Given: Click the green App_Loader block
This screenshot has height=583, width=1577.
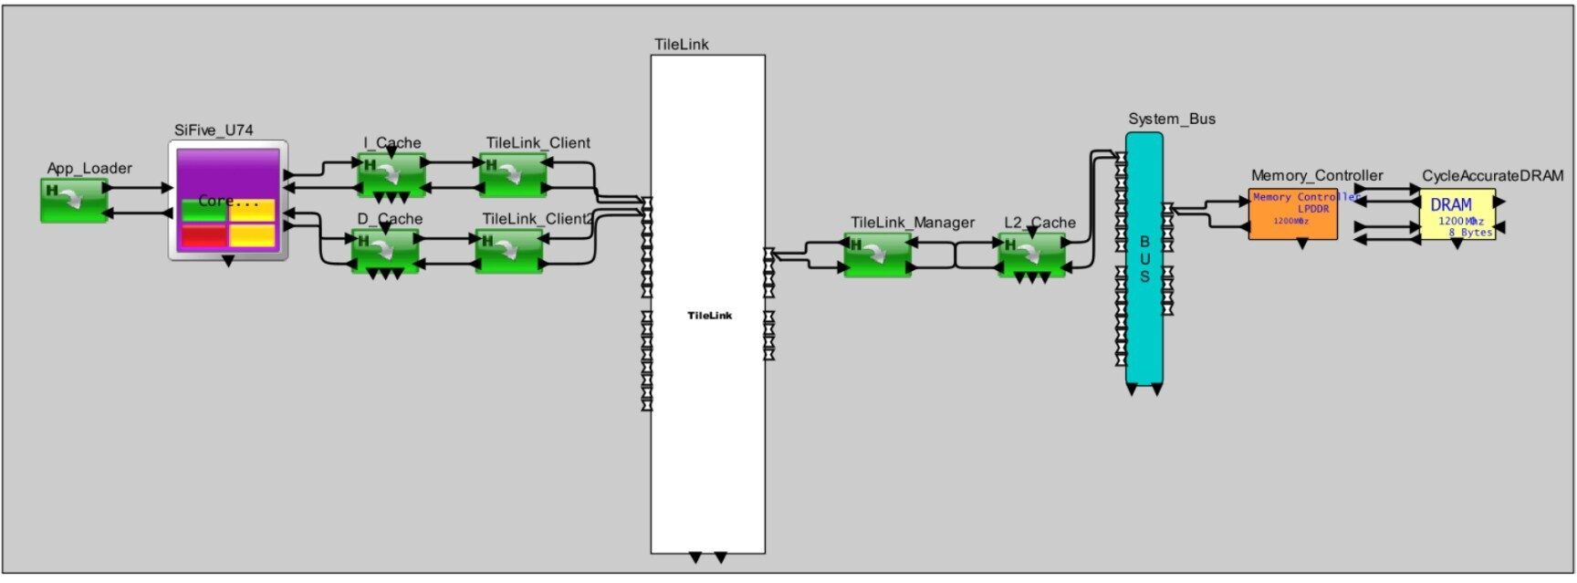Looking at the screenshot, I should [73, 201].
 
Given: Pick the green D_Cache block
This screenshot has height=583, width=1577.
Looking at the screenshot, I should [386, 249].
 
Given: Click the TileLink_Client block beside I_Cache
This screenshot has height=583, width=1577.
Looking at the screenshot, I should [514, 173].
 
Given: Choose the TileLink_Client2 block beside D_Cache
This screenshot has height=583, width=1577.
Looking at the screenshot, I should [509, 250].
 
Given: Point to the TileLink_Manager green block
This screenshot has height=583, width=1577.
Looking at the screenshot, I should [877, 255].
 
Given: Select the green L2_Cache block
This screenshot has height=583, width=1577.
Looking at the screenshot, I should [1032, 254].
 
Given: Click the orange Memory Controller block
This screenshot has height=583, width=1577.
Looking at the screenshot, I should [1292, 214].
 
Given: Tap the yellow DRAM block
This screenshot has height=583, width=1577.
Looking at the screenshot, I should [1457, 214].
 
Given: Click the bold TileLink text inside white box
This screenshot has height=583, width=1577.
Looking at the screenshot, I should [709, 316].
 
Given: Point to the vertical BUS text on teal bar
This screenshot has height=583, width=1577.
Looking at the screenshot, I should [1144, 259].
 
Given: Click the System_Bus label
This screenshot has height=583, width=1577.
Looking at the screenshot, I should [1171, 120].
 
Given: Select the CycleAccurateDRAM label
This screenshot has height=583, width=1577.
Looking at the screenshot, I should [1492, 176].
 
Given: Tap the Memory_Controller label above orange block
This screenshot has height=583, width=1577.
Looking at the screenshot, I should [1316, 176].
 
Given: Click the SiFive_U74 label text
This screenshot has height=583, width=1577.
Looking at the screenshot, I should [214, 130].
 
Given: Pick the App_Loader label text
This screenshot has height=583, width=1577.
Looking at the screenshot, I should [89, 169].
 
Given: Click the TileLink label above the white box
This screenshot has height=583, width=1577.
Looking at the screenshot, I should [681, 45].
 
